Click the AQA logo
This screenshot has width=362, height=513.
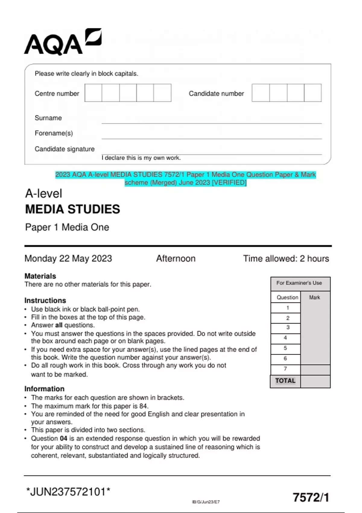point(62,42)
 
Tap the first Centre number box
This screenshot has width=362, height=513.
point(93,93)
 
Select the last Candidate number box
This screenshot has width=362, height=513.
point(313,93)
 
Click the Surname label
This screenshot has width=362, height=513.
point(48,118)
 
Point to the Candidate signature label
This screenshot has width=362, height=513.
point(65,149)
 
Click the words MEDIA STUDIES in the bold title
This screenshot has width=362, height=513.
point(73,209)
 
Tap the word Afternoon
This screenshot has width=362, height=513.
point(176,259)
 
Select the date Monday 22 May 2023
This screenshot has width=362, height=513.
point(68,259)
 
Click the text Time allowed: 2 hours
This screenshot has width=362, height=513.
point(286,259)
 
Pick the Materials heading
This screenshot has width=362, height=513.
point(40,276)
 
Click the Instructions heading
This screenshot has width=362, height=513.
point(45,301)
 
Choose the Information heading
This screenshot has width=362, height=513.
point(44,389)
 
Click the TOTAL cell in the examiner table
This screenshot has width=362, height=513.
point(285,381)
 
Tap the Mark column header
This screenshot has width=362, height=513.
point(314,298)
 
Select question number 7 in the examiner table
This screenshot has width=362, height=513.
point(285,369)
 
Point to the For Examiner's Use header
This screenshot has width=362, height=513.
point(299,283)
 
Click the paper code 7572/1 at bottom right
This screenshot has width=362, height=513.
point(311,497)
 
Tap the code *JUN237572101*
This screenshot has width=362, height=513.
point(68,492)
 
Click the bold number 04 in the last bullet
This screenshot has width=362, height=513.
point(63,438)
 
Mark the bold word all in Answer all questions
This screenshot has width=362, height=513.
point(59,325)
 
